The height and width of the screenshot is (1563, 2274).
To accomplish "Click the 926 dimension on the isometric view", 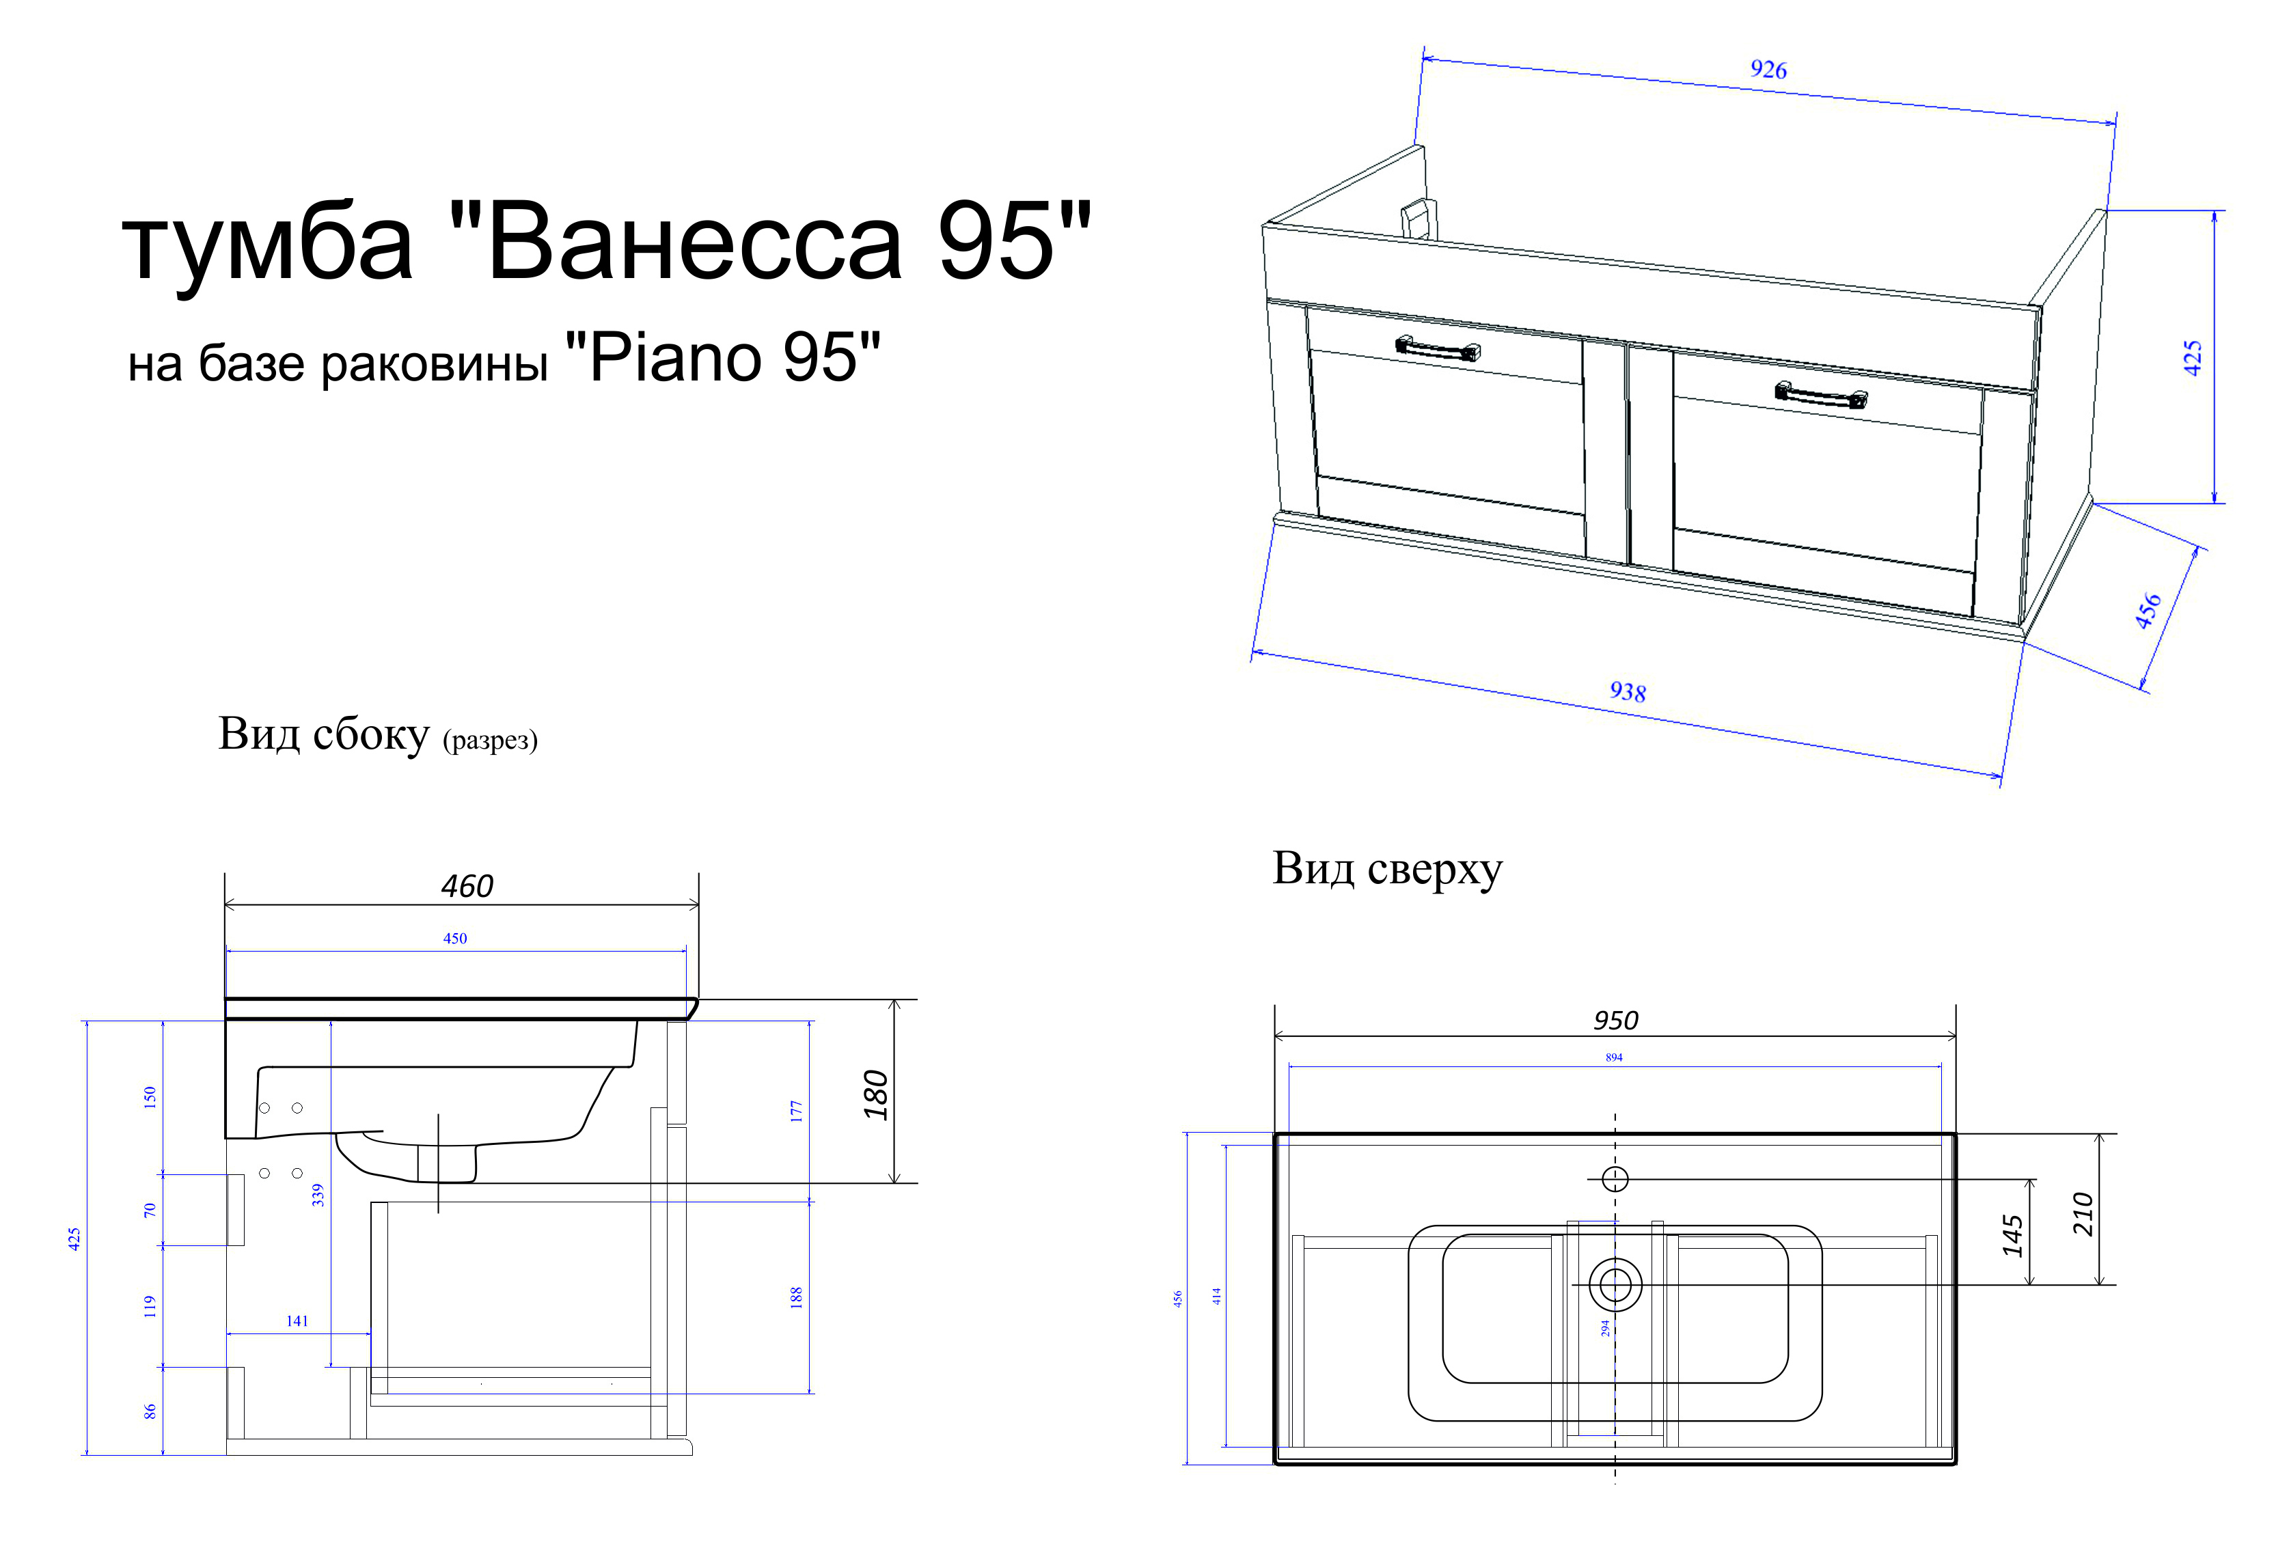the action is coord(1768,70).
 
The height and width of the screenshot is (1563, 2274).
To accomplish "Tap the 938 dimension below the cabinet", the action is coord(1628,691).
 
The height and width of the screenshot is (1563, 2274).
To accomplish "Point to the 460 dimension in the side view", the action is coord(467,886).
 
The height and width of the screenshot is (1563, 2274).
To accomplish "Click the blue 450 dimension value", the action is coord(455,938).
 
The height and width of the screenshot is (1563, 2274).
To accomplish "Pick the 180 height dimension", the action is coord(875,1095).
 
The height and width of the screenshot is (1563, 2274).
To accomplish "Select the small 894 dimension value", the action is coord(1614,1057).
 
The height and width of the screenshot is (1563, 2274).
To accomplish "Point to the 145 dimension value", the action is coord(2012,1235).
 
